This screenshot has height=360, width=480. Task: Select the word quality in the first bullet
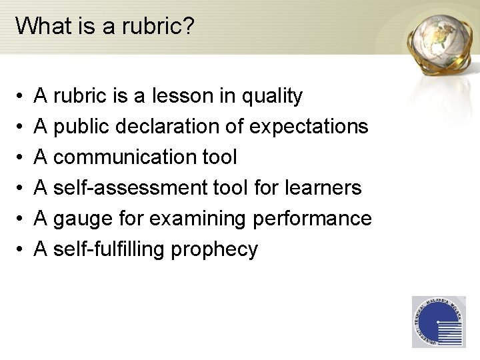(271, 97)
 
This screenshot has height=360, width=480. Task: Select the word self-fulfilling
(111, 249)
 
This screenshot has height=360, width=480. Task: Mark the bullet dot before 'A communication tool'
(21, 158)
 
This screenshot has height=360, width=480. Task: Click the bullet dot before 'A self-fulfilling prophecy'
(21, 250)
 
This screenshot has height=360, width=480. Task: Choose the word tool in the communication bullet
(218, 157)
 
